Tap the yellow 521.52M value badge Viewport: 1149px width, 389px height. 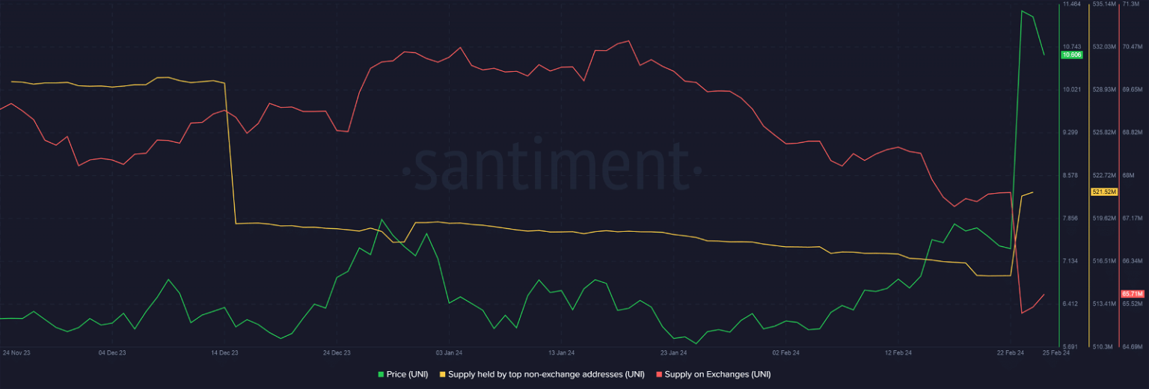click(x=1104, y=192)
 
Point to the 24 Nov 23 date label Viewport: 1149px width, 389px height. click(x=16, y=352)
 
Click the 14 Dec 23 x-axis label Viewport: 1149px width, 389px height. click(x=224, y=352)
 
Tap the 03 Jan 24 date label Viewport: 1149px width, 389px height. click(x=449, y=352)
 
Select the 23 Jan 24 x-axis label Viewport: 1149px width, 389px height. click(x=673, y=352)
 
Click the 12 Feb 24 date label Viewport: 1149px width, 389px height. click(x=898, y=352)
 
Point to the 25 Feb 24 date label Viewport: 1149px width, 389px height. click(x=1056, y=352)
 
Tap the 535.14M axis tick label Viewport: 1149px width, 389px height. click(x=1104, y=4)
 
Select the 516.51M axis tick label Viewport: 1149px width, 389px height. click(x=1104, y=261)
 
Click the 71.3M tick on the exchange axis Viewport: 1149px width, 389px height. click(x=1132, y=4)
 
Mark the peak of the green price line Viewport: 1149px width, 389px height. click(x=1022, y=10)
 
